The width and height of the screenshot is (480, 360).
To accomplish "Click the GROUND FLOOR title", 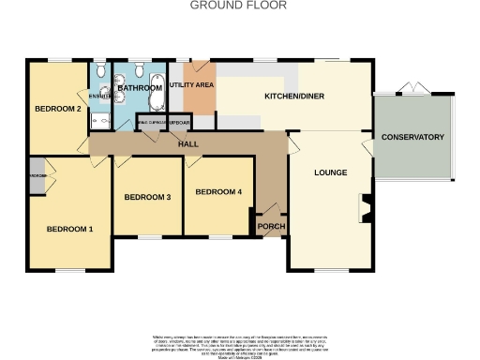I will (238, 6).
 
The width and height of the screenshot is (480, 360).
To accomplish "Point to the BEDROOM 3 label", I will (147, 198).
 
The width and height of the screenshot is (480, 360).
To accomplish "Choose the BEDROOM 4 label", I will (218, 192).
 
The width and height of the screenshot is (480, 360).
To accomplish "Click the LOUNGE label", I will (330, 173).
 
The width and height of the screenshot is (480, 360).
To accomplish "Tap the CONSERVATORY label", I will (412, 138).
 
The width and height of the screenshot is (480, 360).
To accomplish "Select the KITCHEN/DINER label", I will (294, 97).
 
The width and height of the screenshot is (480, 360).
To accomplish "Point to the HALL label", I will (187, 143).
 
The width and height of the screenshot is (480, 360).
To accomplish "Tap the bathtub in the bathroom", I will (157, 95).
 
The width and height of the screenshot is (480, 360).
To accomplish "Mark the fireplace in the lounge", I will (366, 208).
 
